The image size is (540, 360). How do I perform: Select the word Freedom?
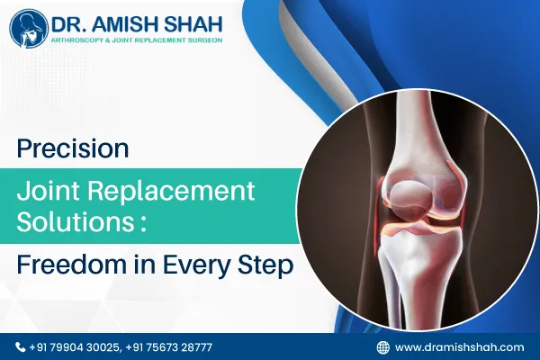click(x=73, y=265)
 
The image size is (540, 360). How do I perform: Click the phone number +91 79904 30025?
click(x=74, y=346)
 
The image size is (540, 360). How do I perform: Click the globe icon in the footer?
click(x=382, y=346)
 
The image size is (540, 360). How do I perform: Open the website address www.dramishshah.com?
click(x=459, y=346)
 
